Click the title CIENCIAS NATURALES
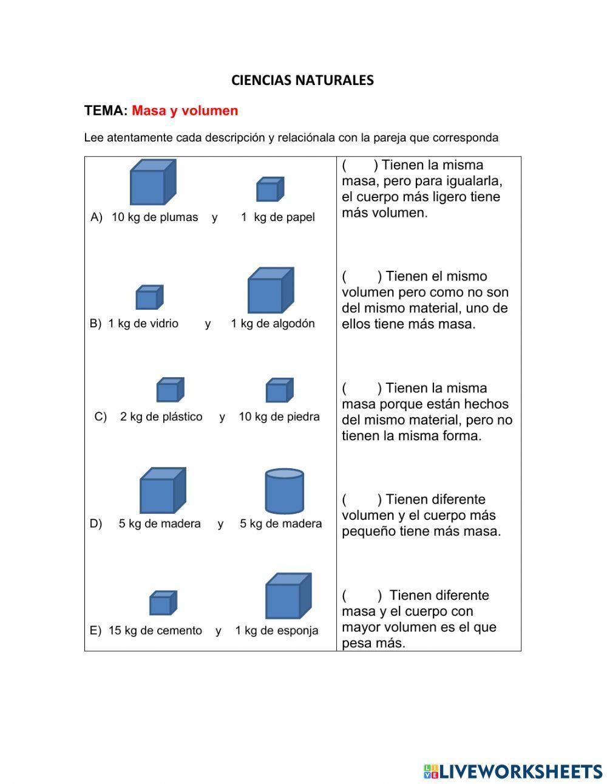pos(302,80)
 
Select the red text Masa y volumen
pos(185,111)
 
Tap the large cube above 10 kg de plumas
pos(152,183)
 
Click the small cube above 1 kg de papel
pos(270,189)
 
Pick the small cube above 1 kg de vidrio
pos(149,298)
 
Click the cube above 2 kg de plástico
pos(170,390)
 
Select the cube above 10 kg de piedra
pos(279,390)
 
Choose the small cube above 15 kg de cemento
pos(163,603)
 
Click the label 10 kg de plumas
pos(155,217)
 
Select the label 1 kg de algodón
pos(273,324)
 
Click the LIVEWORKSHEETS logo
pos(512,771)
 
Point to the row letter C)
pos(101,417)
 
